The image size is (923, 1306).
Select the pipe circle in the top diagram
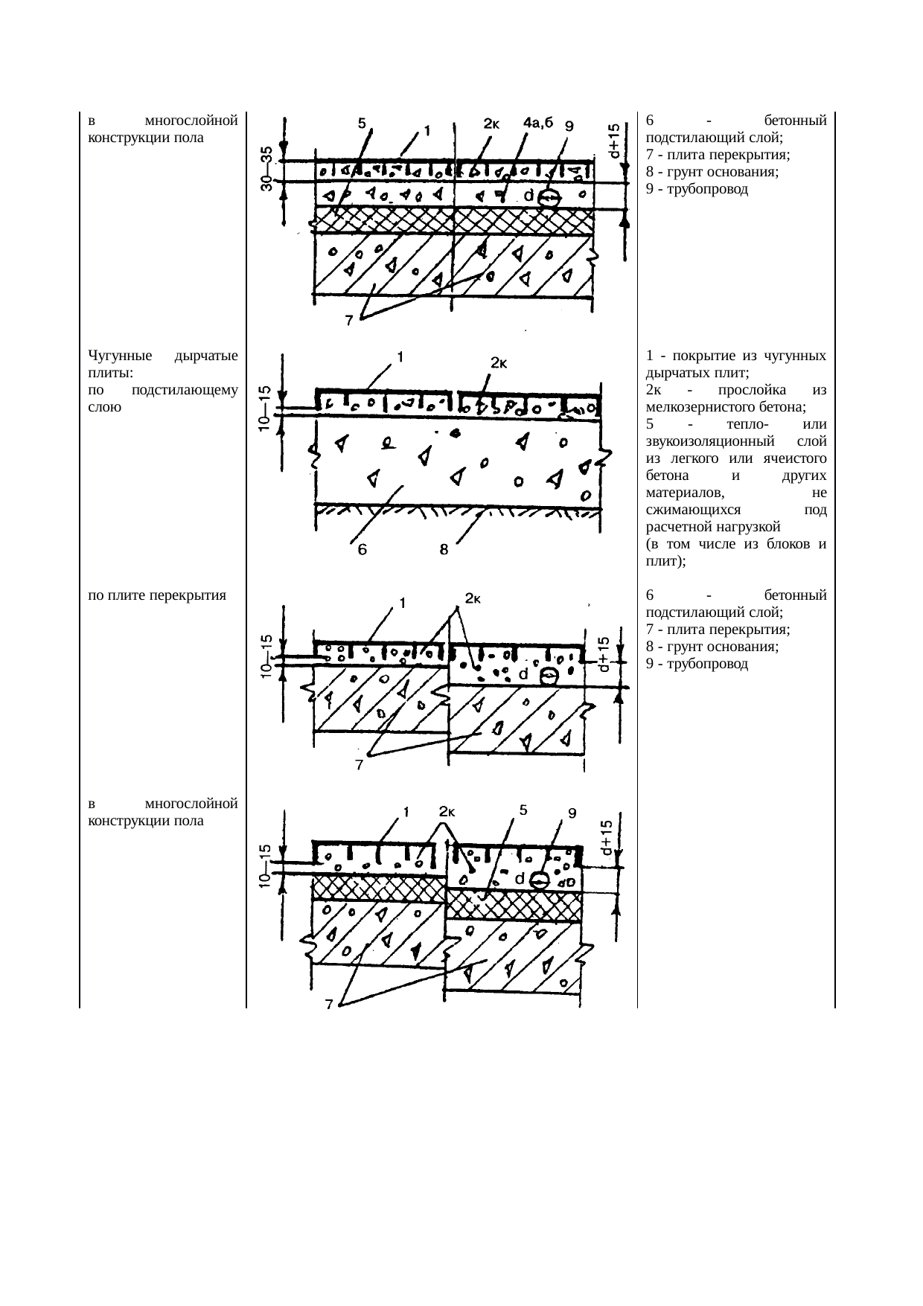point(549,198)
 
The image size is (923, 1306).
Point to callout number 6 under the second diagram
point(362,551)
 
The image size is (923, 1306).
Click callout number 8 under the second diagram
point(442,551)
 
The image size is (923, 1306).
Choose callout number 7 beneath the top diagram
point(348,321)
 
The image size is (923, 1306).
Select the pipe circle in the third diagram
point(549,676)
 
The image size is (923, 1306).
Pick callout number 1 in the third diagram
point(402,603)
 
